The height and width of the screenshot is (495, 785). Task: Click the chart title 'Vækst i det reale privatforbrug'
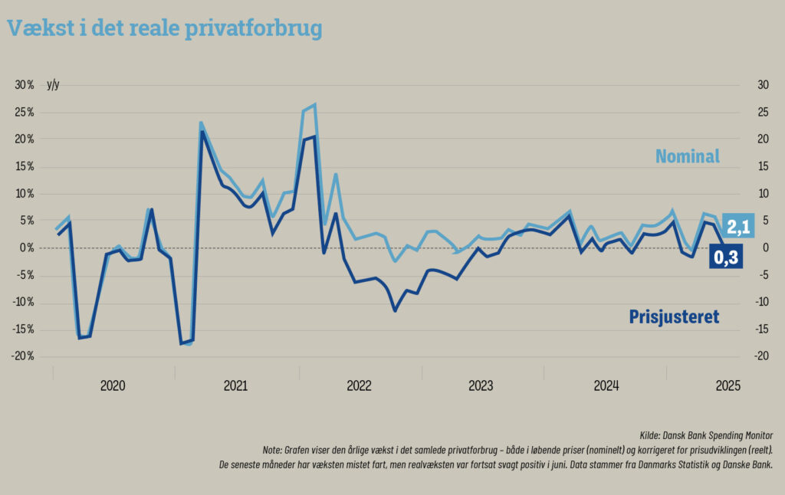click(164, 28)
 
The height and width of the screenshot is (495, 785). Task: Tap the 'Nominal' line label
click(687, 157)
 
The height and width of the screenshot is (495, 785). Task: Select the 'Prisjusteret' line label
click(674, 316)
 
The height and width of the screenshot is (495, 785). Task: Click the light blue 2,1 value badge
click(737, 225)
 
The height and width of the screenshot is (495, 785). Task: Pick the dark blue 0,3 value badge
click(726, 259)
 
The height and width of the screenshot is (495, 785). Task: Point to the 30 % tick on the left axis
click(25, 85)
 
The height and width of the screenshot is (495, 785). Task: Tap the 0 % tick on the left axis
click(27, 247)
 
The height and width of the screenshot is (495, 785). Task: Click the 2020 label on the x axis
click(113, 385)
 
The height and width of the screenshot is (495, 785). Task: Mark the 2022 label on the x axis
click(359, 385)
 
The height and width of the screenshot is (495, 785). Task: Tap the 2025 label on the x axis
click(727, 385)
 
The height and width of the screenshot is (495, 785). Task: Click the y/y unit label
click(53, 85)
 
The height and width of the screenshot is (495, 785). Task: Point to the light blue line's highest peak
click(314, 104)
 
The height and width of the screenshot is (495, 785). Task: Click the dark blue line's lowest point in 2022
click(395, 310)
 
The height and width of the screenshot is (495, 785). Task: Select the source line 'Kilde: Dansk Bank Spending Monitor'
click(706, 435)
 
